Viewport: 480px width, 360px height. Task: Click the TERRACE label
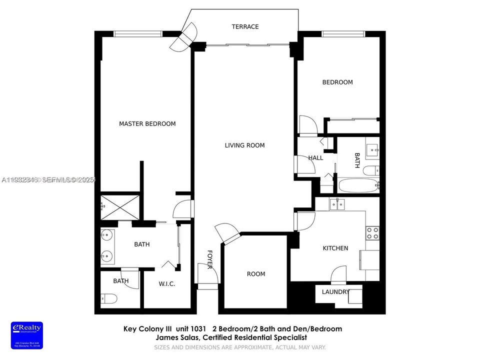pyautogui.click(x=245, y=26)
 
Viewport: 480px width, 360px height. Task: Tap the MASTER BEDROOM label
pyautogui.click(x=147, y=123)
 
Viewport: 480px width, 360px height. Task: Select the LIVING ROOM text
pyautogui.click(x=244, y=145)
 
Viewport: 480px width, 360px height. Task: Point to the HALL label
pyautogui.click(x=315, y=158)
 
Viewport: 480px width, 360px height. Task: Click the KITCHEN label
pyautogui.click(x=335, y=248)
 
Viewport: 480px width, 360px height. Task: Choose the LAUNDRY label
pyautogui.click(x=335, y=292)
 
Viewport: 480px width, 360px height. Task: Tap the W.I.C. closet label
pyautogui.click(x=167, y=284)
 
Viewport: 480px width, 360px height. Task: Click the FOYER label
pyautogui.click(x=210, y=259)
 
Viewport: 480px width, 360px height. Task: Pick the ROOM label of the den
pyautogui.click(x=256, y=274)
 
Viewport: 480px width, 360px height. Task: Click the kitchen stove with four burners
pyautogui.click(x=372, y=232)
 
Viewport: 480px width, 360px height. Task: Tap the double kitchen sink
pyautogui.click(x=338, y=204)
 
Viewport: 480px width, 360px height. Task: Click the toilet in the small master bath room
pyautogui.click(x=109, y=299)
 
